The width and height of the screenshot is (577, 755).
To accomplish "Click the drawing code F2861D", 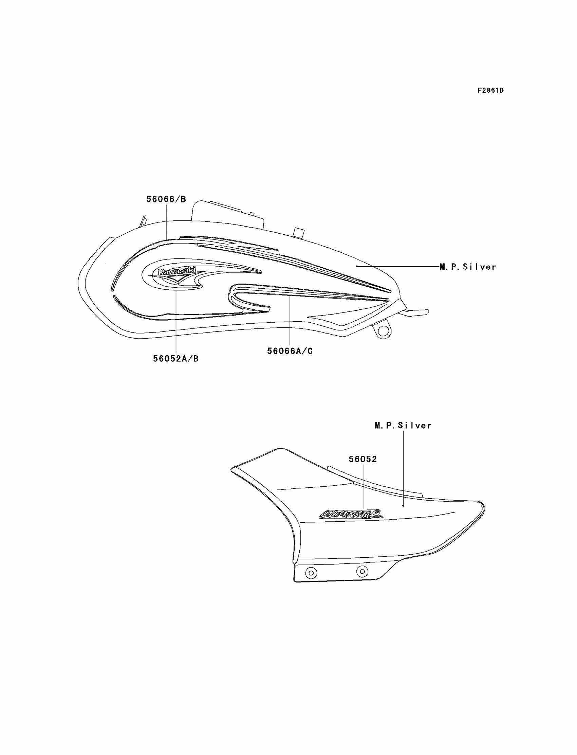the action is (x=490, y=90).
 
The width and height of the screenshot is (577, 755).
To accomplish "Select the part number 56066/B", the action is (x=166, y=199).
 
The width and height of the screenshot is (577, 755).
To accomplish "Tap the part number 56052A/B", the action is (x=175, y=358).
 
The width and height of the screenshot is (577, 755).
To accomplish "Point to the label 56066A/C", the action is (x=290, y=351).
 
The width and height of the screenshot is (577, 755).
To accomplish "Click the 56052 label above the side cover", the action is (x=363, y=459).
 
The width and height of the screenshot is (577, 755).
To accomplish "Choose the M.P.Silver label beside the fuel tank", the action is (x=468, y=267).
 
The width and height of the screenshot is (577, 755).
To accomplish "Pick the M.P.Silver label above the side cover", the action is (x=403, y=426).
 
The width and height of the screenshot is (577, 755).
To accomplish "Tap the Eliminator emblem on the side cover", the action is (x=351, y=515).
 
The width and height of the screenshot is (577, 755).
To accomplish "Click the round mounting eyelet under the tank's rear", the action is (x=384, y=331).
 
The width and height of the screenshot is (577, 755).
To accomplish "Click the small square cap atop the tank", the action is (x=298, y=232).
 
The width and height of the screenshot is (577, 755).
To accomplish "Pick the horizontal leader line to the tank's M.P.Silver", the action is (x=398, y=266).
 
